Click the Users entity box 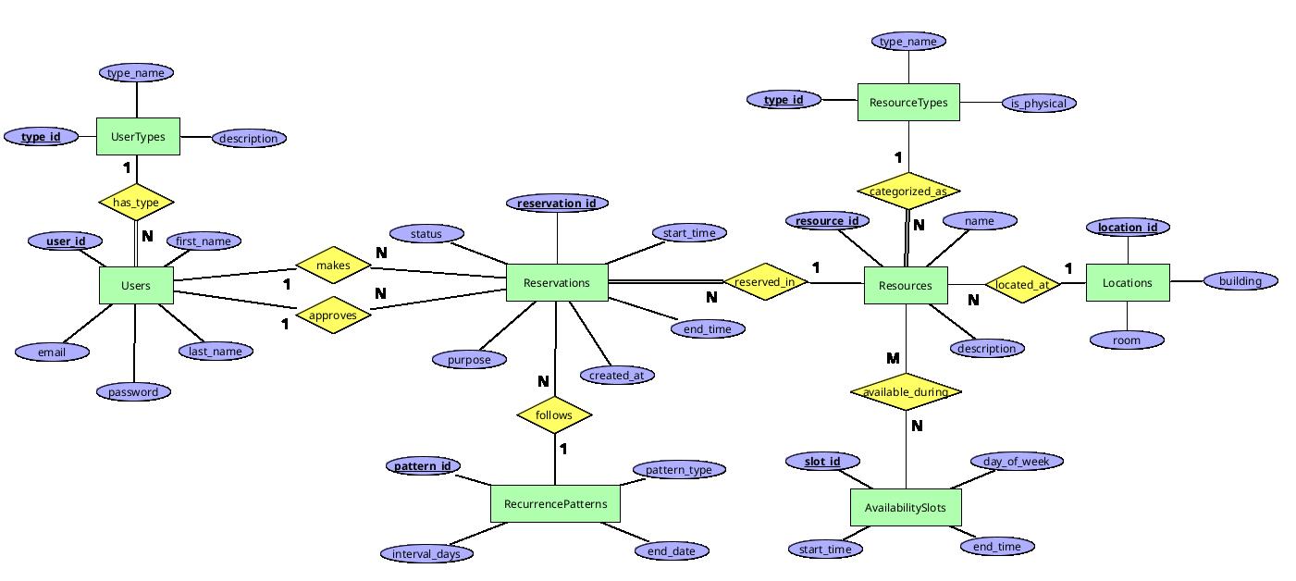[136, 285]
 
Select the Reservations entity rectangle [557, 282]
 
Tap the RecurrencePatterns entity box [555, 503]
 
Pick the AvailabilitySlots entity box [905, 507]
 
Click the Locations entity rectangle [1127, 282]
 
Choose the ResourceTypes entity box [908, 102]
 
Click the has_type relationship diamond [136, 202]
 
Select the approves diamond [333, 315]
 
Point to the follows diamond [553, 415]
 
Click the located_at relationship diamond [1021, 284]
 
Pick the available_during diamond [905, 391]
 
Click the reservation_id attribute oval [557, 203]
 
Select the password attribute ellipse [133, 391]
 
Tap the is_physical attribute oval [1038, 103]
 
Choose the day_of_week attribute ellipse [1017, 461]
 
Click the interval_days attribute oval [426, 553]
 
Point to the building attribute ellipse [1240, 280]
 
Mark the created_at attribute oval [616, 375]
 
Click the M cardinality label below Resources [893, 358]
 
